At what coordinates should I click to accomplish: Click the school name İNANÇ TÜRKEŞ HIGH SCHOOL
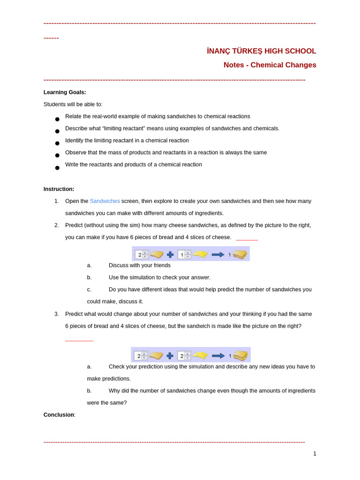(261, 51)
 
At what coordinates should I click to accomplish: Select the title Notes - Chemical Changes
(270, 65)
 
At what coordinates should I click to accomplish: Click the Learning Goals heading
(65, 92)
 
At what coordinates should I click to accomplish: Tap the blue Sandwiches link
(105, 201)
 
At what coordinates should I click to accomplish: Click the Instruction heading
(59, 189)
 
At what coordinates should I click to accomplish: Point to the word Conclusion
(59, 415)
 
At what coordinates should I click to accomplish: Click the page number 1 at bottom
(315, 453)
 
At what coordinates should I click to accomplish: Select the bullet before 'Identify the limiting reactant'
(57, 143)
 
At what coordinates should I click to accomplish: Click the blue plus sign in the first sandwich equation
(170, 255)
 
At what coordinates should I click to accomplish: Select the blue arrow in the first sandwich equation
(218, 255)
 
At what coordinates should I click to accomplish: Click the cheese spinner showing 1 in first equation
(184, 255)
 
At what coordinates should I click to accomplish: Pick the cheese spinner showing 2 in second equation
(184, 356)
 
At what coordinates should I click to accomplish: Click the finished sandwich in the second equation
(240, 355)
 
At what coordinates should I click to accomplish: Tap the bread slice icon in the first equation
(157, 255)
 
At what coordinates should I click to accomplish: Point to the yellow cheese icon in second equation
(200, 355)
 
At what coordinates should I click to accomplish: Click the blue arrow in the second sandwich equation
(218, 356)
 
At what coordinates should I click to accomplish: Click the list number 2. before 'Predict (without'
(57, 225)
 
